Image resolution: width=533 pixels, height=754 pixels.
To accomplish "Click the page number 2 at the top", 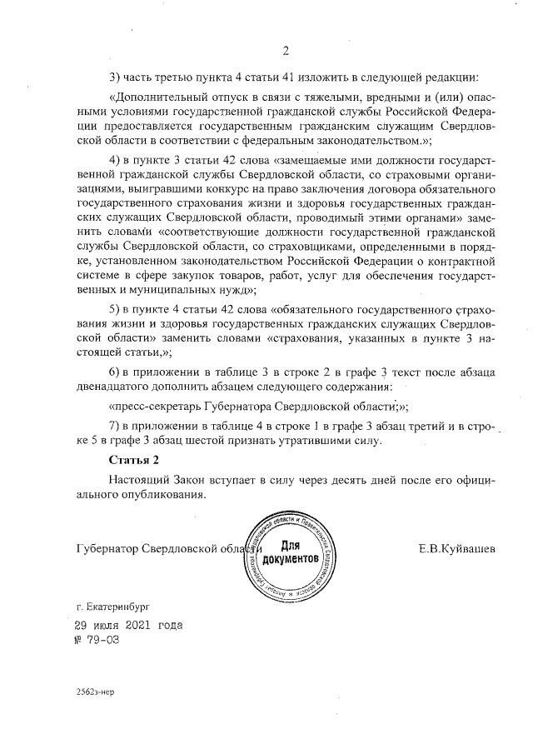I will click(285, 50).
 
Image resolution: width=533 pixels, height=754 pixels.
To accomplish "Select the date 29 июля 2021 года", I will click(128, 624).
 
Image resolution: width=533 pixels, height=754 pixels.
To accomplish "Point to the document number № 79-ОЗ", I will click(97, 639).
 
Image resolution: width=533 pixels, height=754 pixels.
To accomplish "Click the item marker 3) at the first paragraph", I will click(116, 77).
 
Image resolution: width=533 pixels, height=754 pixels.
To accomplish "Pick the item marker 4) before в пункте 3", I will click(116, 158).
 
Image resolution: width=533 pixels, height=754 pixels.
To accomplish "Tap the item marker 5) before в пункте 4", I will click(116, 309).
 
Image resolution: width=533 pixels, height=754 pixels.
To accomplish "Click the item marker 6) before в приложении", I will click(116, 370).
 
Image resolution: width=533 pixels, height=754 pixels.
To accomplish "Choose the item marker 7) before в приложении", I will click(116, 424).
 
